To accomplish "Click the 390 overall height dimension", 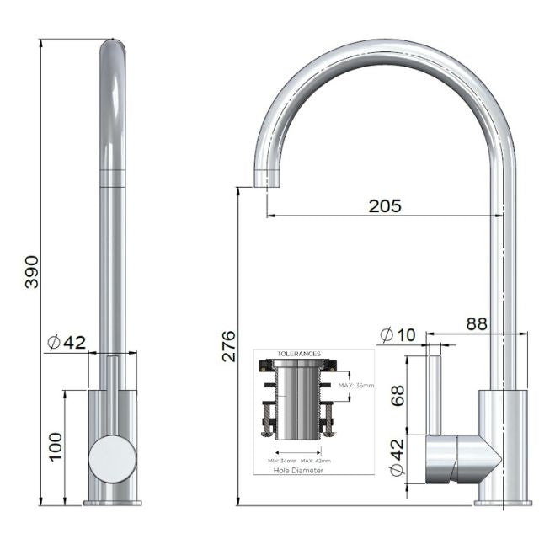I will [32, 270].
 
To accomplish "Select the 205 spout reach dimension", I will [384, 205].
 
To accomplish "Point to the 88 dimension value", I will [476, 323].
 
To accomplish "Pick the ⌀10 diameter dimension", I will [398, 334].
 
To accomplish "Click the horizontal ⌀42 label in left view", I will [67, 342].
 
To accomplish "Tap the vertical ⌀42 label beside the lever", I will [397, 459].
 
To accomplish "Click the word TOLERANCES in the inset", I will [299, 355].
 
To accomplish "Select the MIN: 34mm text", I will [281, 461].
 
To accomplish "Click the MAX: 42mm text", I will [317, 461].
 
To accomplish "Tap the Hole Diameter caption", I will [298, 471].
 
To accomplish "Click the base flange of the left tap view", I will [112, 503].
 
